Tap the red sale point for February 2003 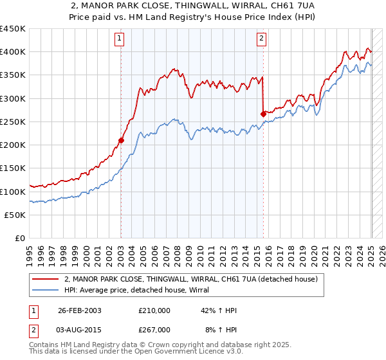(121, 139)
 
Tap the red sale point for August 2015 (263, 113)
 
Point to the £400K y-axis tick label (12, 52)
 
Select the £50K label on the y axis (15, 215)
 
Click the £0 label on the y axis (19, 238)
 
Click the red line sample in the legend (45, 280)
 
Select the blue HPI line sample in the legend (45, 291)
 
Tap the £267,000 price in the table (154, 329)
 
